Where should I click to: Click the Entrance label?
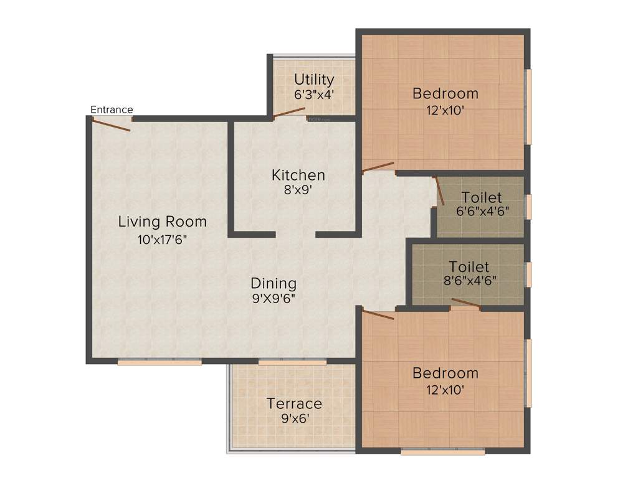tap(112, 110)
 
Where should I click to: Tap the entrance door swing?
tap(112, 124)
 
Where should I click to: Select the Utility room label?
tap(314, 80)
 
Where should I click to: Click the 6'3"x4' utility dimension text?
tap(314, 95)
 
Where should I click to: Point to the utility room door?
tap(288, 113)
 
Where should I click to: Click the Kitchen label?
tap(298, 176)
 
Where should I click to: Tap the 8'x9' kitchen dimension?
tap(298, 190)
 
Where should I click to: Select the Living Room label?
tap(162, 222)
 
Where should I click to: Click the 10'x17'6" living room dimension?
tap(162, 239)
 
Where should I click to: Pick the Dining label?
tap(274, 283)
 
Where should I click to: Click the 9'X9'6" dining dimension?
tap(274, 298)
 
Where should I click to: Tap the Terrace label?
tap(294, 403)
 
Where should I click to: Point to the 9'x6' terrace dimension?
tap(294, 418)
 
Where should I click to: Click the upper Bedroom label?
tap(445, 94)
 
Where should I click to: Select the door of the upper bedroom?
tap(378, 167)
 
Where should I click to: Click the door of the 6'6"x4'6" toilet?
tap(439, 191)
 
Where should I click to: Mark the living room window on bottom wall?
tap(159, 362)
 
